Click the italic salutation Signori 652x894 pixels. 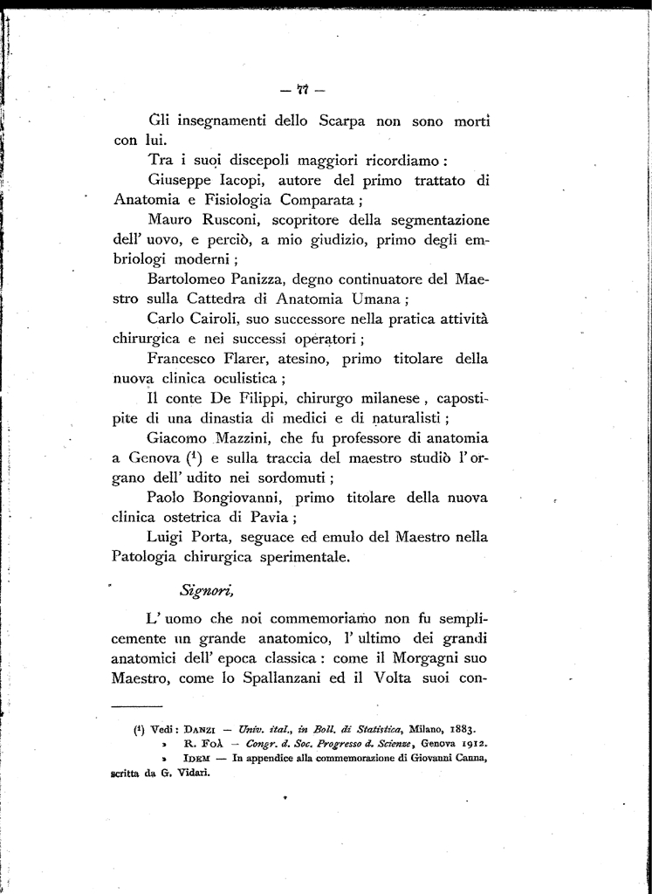pyautogui.click(x=204, y=592)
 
